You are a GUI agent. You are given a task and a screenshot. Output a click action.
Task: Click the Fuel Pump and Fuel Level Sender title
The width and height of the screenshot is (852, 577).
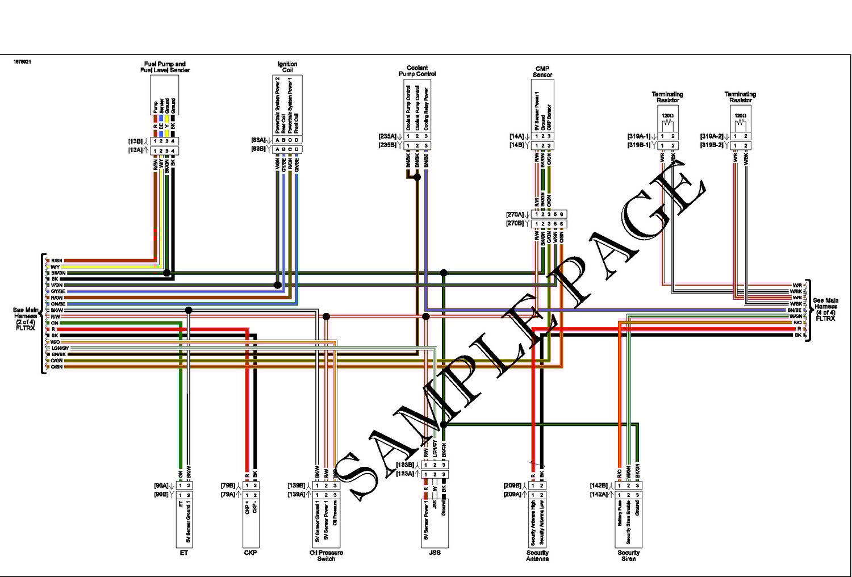[x=165, y=67]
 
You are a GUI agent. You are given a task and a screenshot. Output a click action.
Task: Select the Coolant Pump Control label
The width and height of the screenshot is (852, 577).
[x=417, y=71]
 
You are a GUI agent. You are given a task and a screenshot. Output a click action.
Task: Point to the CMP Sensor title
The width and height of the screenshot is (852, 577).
[x=542, y=72]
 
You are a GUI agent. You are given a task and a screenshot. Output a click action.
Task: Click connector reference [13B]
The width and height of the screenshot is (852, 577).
[x=135, y=141]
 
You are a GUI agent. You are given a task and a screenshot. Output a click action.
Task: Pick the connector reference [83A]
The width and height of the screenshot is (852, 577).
[x=258, y=140]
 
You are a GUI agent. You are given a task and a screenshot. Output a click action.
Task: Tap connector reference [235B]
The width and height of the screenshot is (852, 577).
[x=387, y=145]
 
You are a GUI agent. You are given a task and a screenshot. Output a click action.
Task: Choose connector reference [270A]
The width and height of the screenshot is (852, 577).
[x=515, y=215]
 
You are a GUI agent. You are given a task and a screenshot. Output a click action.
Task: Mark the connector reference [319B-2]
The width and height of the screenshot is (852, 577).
[x=712, y=145]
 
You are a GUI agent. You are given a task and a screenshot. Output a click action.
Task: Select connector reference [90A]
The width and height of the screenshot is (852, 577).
[x=161, y=486]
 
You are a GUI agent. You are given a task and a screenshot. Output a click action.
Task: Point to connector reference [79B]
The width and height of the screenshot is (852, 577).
[x=228, y=486]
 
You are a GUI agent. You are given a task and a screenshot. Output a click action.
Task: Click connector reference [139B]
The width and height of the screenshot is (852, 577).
[x=296, y=486]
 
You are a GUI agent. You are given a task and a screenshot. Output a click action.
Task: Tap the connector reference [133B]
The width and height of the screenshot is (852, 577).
[x=404, y=465]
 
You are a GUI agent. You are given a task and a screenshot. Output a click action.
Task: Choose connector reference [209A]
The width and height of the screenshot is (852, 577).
[x=512, y=495]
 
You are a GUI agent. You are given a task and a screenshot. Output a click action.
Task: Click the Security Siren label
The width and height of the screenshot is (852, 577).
[x=629, y=555]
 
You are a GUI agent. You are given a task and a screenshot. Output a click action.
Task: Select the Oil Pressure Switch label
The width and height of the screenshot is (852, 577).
[x=326, y=555]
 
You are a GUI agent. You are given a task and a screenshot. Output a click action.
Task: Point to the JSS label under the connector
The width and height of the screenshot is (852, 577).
[x=435, y=553]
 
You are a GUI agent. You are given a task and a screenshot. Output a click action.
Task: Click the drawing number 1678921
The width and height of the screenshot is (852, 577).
[x=22, y=62]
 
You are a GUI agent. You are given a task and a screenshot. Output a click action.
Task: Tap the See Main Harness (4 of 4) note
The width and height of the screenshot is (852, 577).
[x=825, y=310]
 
